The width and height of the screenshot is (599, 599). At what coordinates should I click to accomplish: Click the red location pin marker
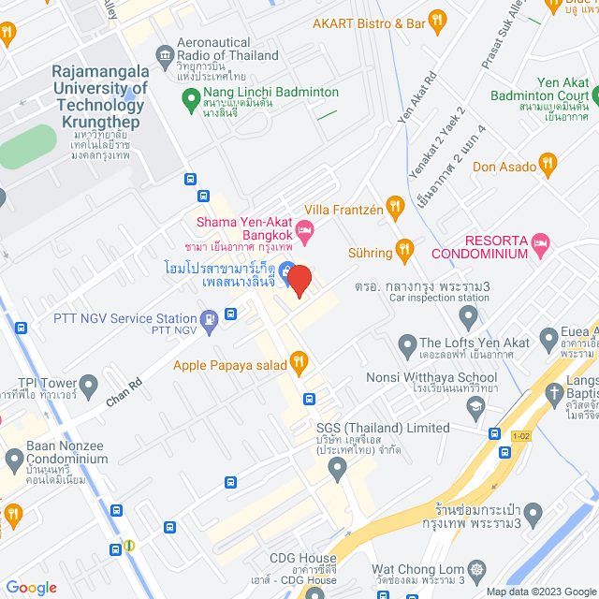(x=299, y=280)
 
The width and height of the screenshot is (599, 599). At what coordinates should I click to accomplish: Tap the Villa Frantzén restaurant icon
(x=395, y=205)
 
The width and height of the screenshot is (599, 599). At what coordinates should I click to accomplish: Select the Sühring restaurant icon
(x=404, y=248)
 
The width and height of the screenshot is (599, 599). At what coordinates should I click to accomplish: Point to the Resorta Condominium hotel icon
(x=540, y=246)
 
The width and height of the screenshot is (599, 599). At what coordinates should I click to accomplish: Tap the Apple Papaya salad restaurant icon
(x=299, y=360)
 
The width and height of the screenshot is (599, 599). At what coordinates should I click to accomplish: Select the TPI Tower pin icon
(x=89, y=384)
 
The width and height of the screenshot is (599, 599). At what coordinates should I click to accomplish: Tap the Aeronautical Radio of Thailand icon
(x=166, y=52)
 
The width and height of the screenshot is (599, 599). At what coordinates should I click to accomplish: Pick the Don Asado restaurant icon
(x=548, y=166)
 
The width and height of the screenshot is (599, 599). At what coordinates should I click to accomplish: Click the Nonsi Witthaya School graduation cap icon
(x=475, y=403)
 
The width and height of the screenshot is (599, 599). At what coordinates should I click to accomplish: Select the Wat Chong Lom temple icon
(x=478, y=569)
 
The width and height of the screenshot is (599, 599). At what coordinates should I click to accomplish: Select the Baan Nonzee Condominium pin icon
(x=14, y=460)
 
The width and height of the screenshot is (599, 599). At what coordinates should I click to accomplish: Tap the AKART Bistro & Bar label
(x=370, y=23)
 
